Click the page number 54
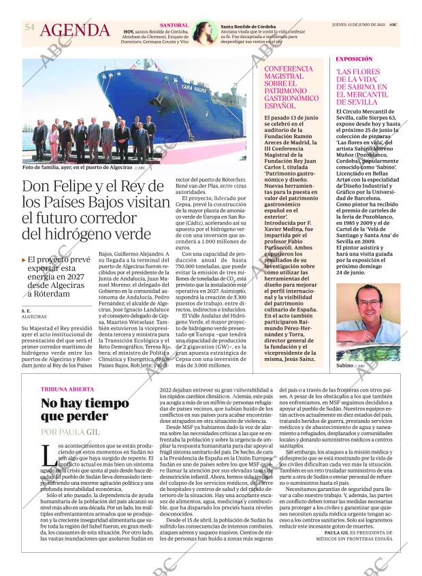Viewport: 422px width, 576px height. coord(29,27)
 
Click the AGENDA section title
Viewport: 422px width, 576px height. coord(75,31)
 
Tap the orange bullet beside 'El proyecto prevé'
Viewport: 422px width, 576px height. coord(25,259)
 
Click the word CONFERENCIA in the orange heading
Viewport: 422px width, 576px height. coord(289,70)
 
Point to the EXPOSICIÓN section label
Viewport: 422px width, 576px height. coord(354,59)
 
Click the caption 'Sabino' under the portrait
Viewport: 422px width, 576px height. coord(346,366)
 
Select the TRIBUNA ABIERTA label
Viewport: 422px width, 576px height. coord(66,390)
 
